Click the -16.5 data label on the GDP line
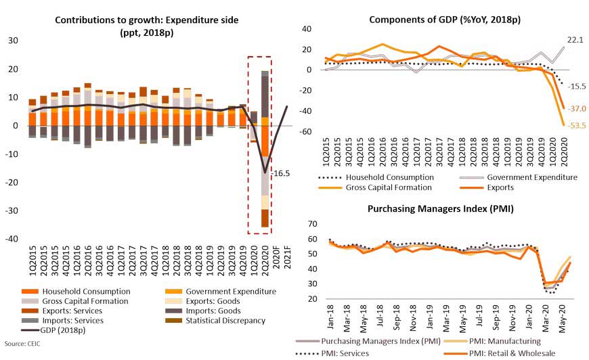281,174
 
